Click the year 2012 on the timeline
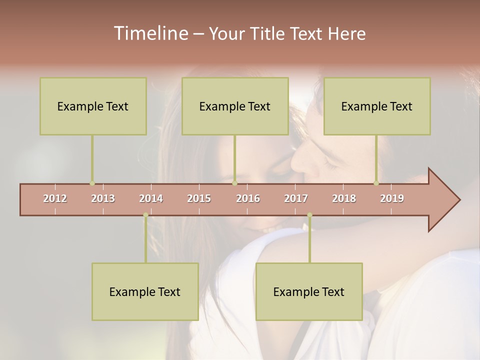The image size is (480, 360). (x=55, y=198)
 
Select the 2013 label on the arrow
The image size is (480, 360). (x=103, y=198)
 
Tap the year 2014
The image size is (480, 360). (x=151, y=198)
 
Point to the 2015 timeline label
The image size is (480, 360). (x=199, y=198)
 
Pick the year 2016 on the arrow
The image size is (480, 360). (x=248, y=198)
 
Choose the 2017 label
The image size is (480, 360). (x=296, y=198)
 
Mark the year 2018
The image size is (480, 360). (x=344, y=198)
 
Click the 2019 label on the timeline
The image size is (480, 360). (x=392, y=198)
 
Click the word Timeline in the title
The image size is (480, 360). (x=150, y=33)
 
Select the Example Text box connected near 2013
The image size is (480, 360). (x=93, y=106)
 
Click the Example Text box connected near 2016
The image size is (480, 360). (x=235, y=106)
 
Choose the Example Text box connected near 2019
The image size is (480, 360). (x=377, y=106)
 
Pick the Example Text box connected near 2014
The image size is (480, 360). (x=145, y=291)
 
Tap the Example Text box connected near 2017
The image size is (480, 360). (x=309, y=291)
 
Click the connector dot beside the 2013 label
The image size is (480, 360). (x=92, y=183)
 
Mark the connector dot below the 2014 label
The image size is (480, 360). (x=145, y=215)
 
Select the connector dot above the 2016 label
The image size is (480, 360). (x=234, y=183)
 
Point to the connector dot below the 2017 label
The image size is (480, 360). (x=309, y=215)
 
